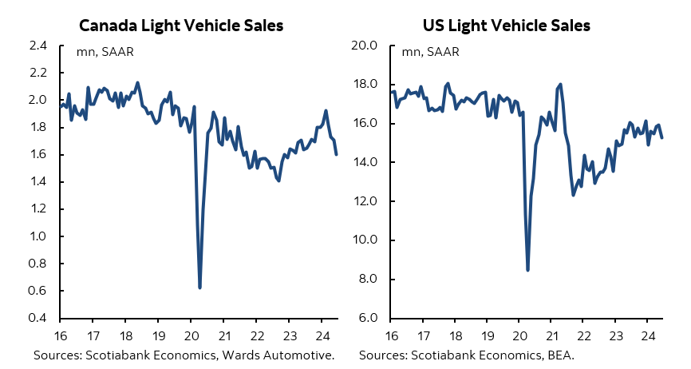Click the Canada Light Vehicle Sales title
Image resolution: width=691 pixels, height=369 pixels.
[181, 26]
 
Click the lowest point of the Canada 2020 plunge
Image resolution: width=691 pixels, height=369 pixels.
[199, 288]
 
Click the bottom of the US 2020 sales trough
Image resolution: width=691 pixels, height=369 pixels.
[527, 270]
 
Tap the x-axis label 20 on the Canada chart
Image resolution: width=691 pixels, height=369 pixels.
[192, 335]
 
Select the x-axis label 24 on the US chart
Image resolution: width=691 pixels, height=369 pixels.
[649, 335]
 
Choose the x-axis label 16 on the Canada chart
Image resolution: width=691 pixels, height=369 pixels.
[60, 335]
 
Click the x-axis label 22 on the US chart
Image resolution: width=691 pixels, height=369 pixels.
[583, 335]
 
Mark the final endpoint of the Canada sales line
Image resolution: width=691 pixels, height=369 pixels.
[336, 154]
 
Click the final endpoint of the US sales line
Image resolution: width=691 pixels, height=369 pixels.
[662, 138]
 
